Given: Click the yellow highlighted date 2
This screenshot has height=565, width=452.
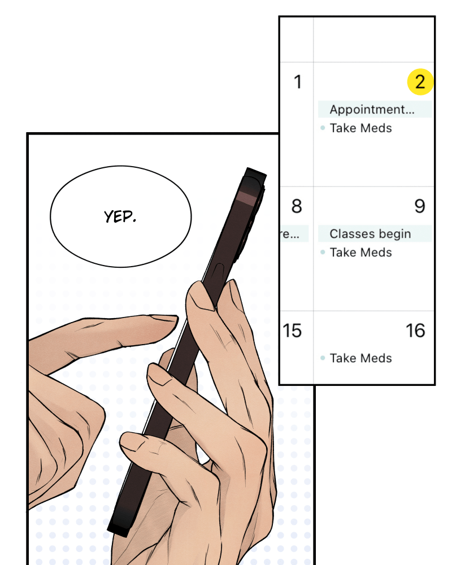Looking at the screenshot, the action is click(x=420, y=82).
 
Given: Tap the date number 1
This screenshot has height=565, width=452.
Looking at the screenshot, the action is click(x=297, y=82).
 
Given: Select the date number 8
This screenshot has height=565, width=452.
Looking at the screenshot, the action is click(x=297, y=206).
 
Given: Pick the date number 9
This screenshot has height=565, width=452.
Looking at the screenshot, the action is click(x=420, y=206).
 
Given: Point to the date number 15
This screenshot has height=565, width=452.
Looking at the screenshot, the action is click(x=292, y=331).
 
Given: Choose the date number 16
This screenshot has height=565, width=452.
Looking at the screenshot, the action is click(x=416, y=331).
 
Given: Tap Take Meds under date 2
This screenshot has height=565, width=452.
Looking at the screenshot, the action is click(x=361, y=128).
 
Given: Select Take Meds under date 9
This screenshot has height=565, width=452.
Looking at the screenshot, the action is click(x=361, y=252).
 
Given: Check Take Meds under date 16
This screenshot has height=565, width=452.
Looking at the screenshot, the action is click(x=361, y=358).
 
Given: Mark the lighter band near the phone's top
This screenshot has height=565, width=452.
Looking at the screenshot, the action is click(x=246, y=198).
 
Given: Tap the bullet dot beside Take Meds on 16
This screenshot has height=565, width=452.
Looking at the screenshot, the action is click(x=323, y=358).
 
